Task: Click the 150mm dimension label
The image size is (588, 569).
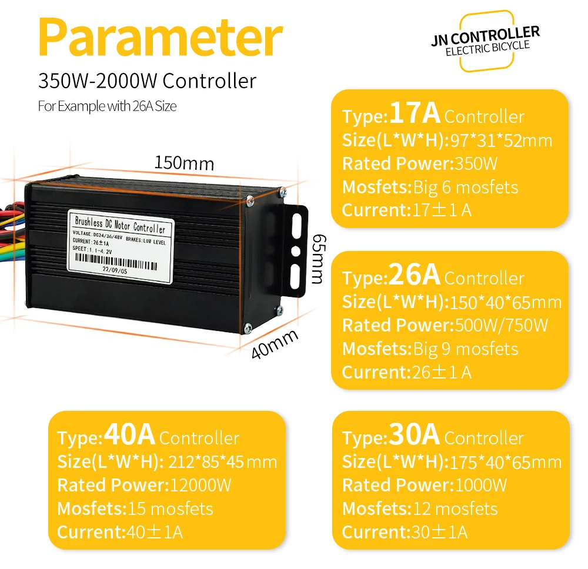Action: pos(184,162)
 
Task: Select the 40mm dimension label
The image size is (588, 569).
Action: pos(275,344)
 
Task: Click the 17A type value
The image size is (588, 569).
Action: pos(415,113)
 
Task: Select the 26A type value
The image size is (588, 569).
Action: pos(415,275)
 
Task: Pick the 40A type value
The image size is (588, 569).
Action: pos(129,436)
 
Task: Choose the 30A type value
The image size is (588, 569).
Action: pos(415,436)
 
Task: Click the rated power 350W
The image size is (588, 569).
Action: pos(474,163)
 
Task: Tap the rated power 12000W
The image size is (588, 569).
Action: pos(201,486)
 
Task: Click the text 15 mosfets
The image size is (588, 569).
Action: pos(170,508)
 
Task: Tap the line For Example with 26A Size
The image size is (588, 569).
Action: pos(107,106)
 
